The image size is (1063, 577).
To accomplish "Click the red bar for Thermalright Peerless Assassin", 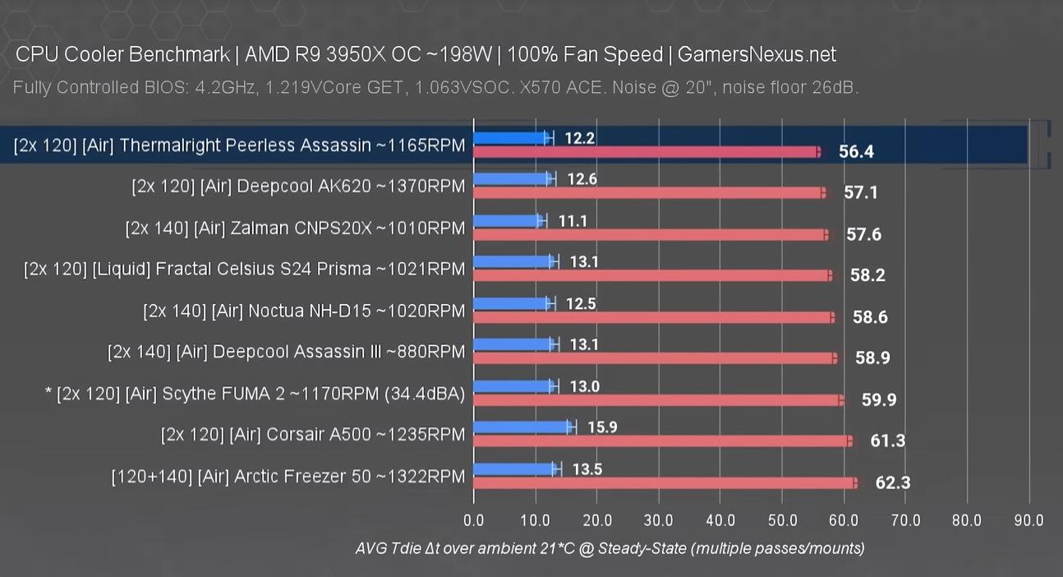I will tap(646, 151).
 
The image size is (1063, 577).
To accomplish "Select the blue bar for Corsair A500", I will tap(522, 427).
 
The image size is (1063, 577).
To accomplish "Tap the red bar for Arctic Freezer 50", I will tap(664, 482).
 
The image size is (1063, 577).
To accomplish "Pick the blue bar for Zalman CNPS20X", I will tap(508, 220).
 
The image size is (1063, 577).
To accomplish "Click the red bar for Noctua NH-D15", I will tap(652, 317).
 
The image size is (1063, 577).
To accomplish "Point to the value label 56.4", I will tap(856, 151).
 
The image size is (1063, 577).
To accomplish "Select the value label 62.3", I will tap(892, 482).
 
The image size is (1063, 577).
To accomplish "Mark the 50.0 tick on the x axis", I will tap(781, 520).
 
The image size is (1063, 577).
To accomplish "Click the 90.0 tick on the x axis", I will tap(1028, 520).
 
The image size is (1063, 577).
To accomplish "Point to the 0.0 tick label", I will tap(473, 520).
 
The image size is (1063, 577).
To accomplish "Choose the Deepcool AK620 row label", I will tap(297, 187).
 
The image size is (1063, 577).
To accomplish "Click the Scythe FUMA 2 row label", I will tap(255, 394).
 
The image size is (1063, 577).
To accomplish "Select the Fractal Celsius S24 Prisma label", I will tap(244, 269).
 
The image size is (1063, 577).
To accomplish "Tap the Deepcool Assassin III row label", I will tap(286, 352).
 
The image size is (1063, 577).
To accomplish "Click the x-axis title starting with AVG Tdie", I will tap(610, 547).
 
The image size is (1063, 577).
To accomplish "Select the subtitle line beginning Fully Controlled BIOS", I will tap(435, 87).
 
